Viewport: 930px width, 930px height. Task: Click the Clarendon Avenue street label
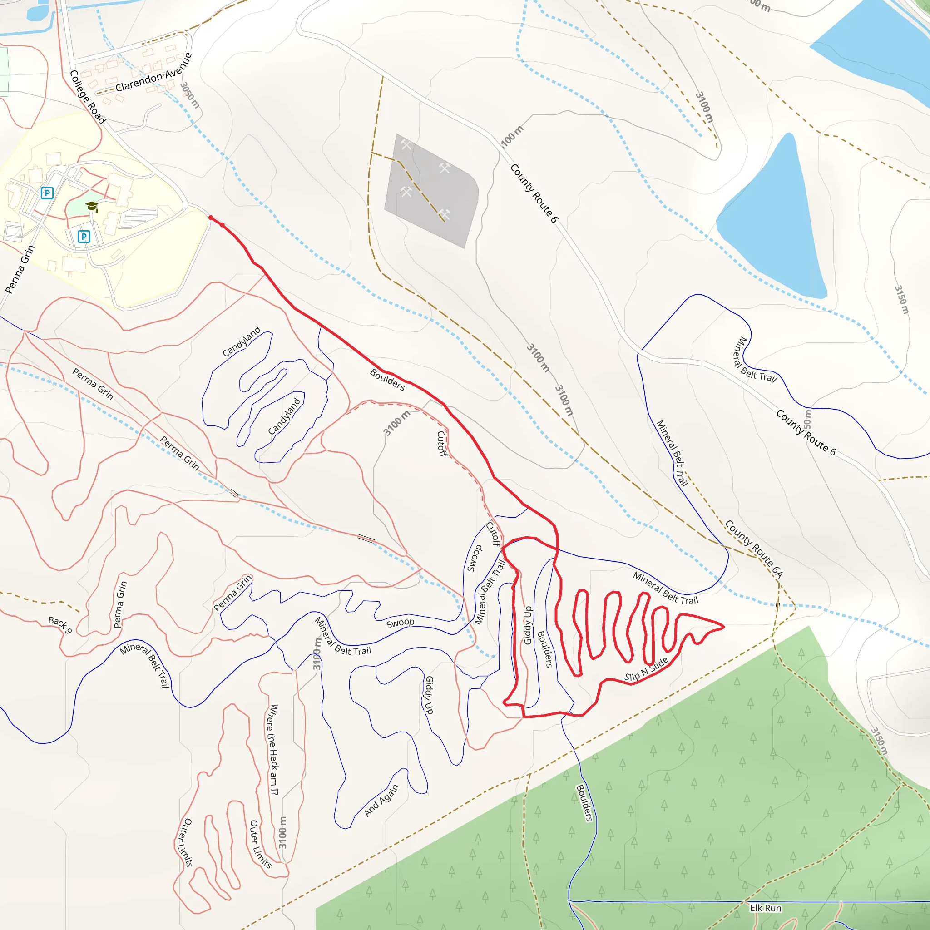click(153, 72)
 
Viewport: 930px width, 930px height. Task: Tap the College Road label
click(88, 97)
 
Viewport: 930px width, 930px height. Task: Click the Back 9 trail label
click(60, 624)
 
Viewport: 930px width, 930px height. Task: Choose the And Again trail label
click(382, 801)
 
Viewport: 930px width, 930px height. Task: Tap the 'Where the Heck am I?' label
click(273, 749)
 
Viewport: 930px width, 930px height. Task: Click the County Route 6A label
click(754, 549)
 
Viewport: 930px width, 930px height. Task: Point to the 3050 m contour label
click(190, 95)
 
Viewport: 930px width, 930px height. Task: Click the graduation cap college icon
click(91, 207)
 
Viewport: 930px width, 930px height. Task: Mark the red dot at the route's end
click(211, 218)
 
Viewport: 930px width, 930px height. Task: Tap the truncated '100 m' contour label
click(512, 136)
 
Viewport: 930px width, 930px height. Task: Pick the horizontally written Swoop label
click(400, 623)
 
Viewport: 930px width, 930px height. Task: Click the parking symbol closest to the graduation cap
click(84, 236)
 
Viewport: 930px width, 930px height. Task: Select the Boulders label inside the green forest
click(584, 802)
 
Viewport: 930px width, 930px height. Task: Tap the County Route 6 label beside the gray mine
click(534, 193)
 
